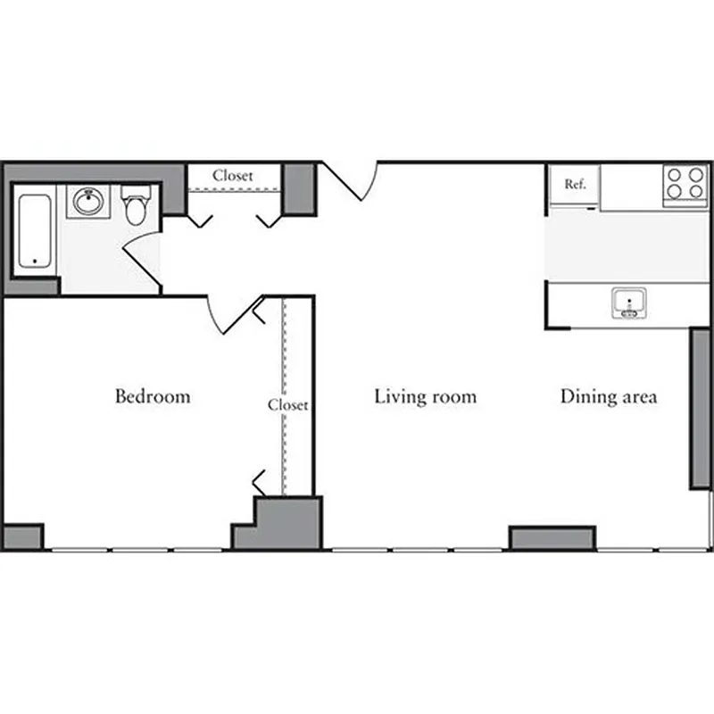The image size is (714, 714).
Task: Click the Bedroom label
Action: pyautogui.click(x=153, y=395)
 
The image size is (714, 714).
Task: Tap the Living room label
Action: pyautogui.click(x=425, y=395)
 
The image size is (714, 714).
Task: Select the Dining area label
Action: pyautogui.click(x=609, y=395)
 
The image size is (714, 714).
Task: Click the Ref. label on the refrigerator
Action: pyautogui.click(x=575, y=185)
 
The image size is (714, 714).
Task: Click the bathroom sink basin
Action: pyautogui.click(x=88, y=202)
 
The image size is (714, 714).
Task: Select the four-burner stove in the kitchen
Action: pyautogui.click(x=685, y=185)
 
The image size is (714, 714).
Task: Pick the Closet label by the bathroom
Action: pyautogui.click(x=232, y=176)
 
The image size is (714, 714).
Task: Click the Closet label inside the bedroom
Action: pyautogui.click(x=288, y=404)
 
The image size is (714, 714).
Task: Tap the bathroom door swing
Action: pyautogui.click(x=143, y=259)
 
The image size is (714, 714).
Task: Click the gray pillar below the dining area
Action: pyautogui.click(x=552, y=537)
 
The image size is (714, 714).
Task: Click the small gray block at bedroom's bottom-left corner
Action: pyautogui.click(x=22, y=536)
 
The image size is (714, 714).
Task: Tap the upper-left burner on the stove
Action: pyautogui.click(x=676, y=176)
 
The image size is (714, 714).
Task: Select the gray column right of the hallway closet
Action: pyautogui.click(x=299, y=188)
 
